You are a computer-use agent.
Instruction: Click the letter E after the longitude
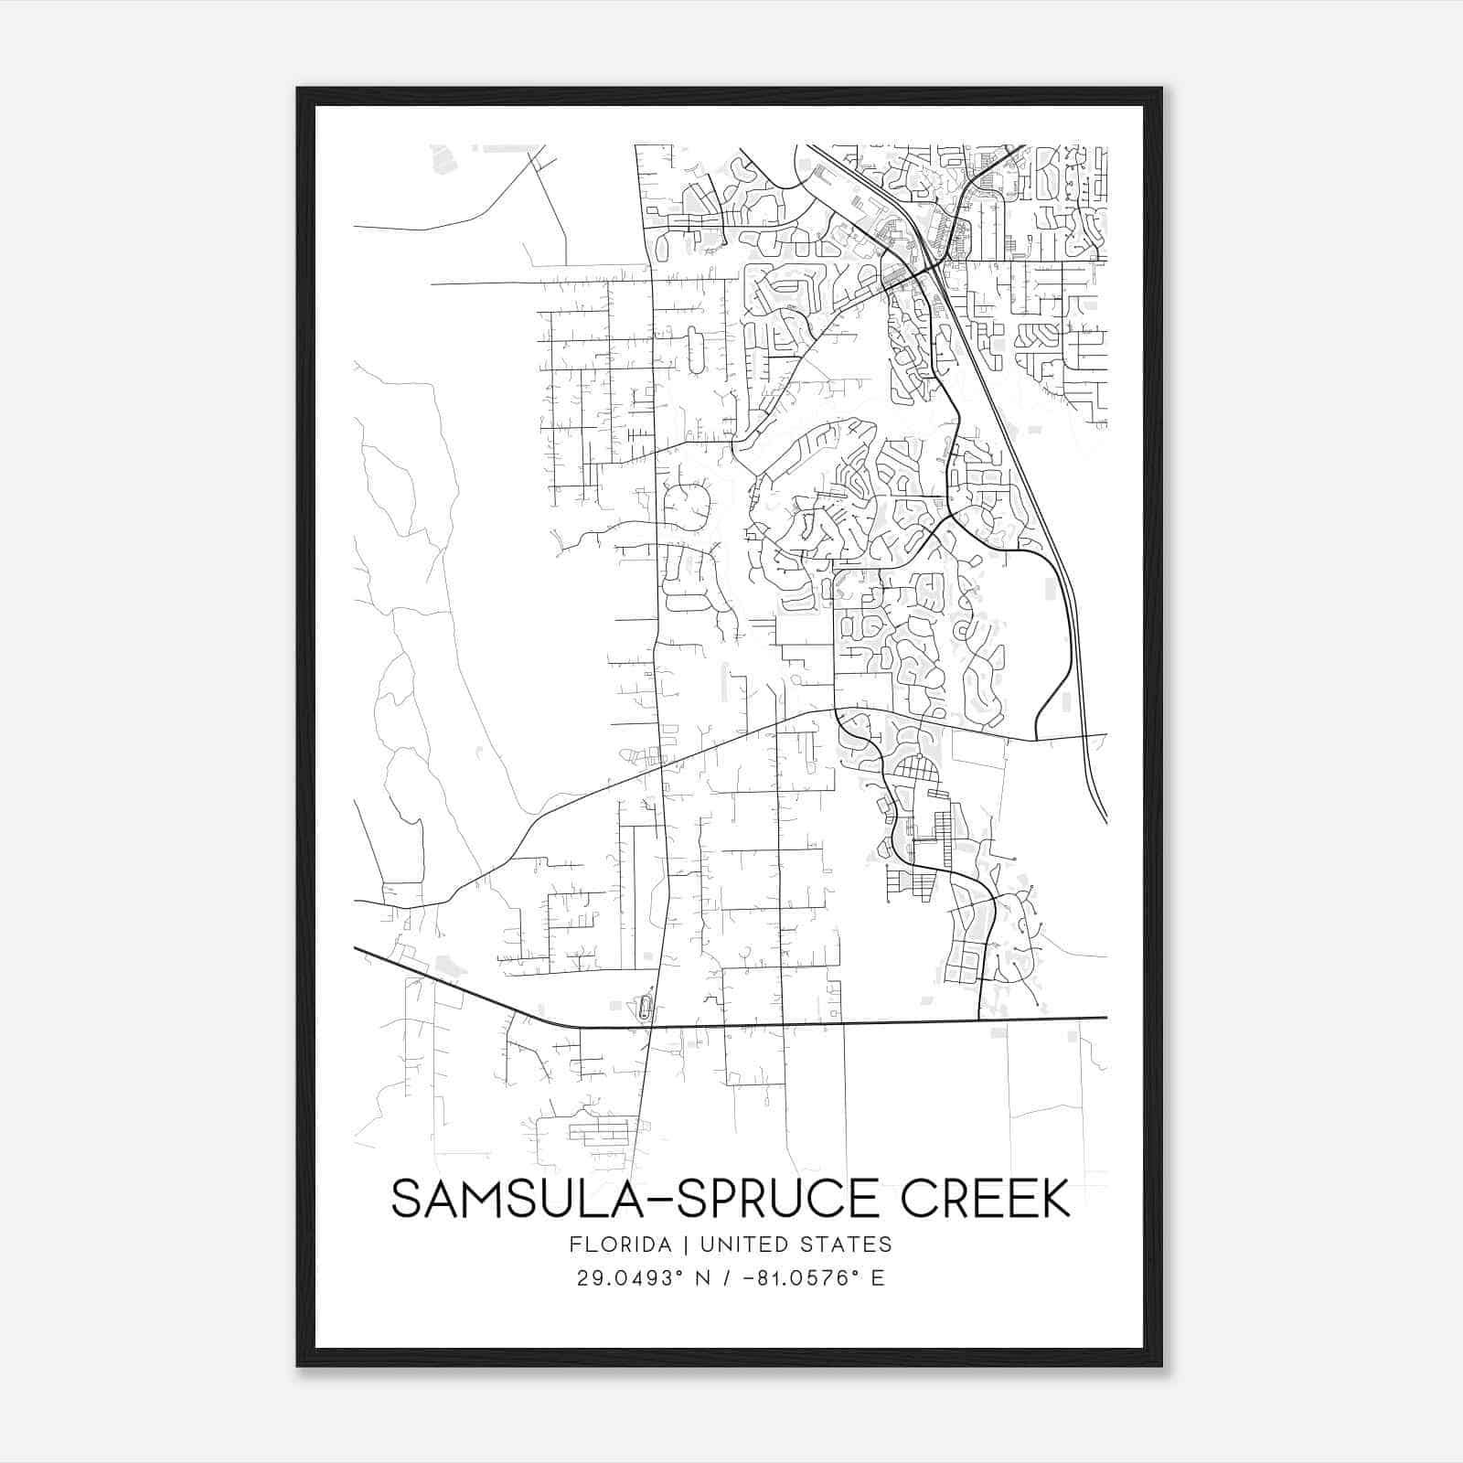(x=878, y=1277)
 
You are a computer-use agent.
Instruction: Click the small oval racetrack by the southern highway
(x=646, y=1009)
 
